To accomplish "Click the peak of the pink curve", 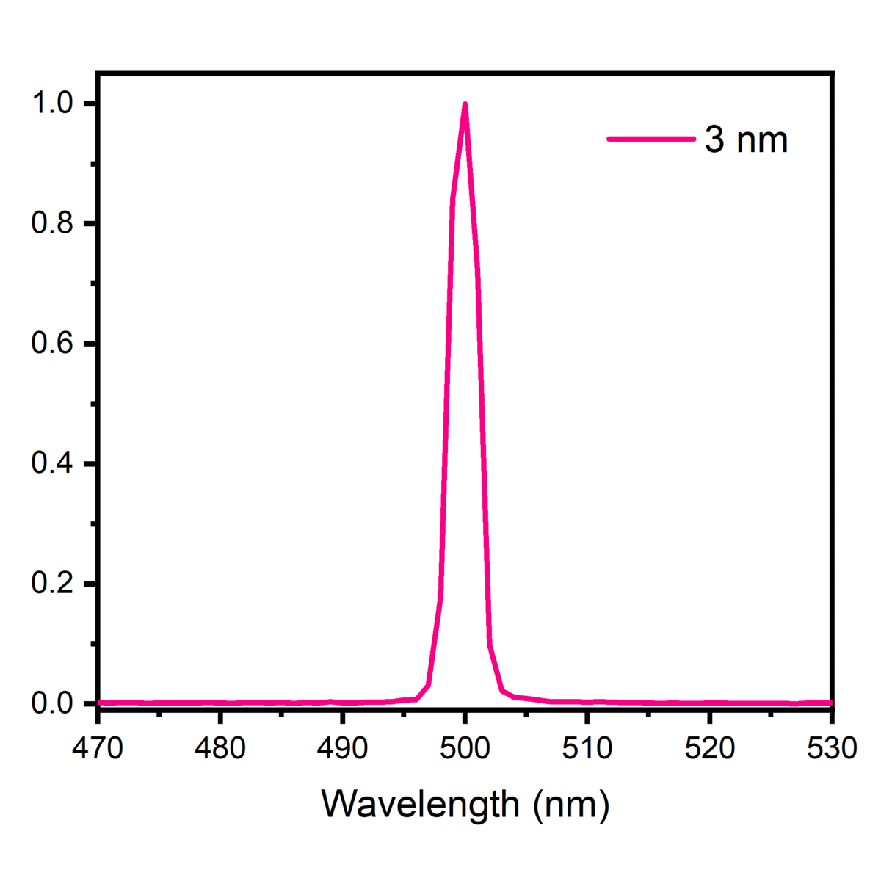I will pos(465,104).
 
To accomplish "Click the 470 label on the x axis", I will pos(98,748).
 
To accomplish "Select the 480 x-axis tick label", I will pos(220,748).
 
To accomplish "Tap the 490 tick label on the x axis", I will pos(342,748).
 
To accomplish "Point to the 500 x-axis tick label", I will pos(465,748).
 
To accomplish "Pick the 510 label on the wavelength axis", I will pos(587,748).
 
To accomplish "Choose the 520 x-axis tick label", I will pos(709,748).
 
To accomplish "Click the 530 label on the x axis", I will pos(831,748).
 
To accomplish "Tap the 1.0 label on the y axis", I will pos(52,104).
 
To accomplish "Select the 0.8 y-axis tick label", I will pos(52,224).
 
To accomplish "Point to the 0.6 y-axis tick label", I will pos(52,344).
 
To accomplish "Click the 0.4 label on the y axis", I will pos(52,464).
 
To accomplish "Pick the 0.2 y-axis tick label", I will pos(52,584).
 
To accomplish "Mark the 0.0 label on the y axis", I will pos(52,703).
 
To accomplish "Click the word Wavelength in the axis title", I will pos(421,805).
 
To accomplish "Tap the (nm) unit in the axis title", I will pos(572,805).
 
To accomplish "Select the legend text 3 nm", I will pos(746,139).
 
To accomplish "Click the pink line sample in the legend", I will pos(651,139).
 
